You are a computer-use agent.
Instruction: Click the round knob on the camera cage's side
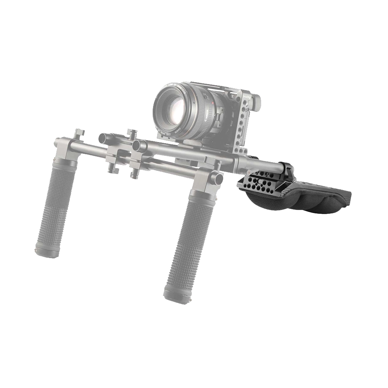[257, 101]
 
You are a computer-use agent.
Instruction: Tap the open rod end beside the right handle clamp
[216, 178]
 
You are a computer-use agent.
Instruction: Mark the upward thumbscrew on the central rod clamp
[133, 135]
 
